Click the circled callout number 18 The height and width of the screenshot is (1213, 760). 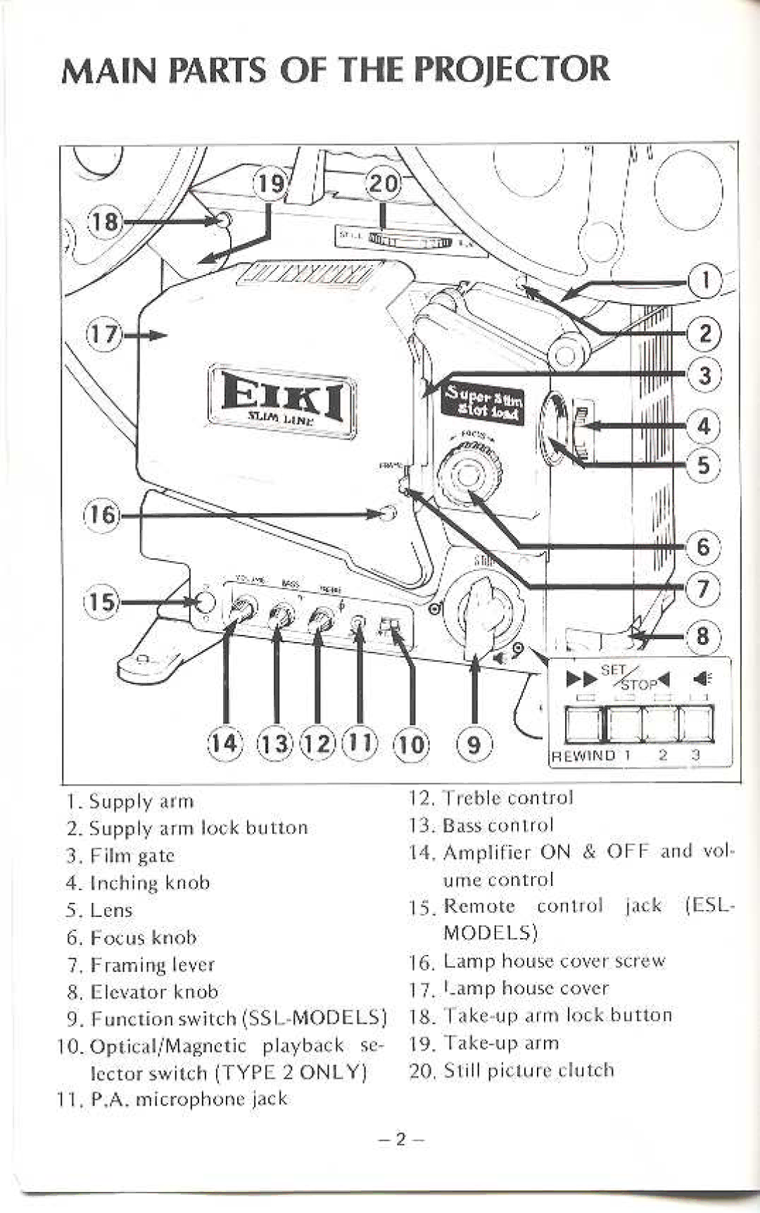coord(103,222)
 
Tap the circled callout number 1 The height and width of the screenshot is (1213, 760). coord(704,281)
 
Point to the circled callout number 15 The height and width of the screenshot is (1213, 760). coord(101,603)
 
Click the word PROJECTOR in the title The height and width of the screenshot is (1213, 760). coord(502,69)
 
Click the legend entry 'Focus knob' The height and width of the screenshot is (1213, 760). coord(143,937)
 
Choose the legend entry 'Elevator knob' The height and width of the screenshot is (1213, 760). coord(153,991)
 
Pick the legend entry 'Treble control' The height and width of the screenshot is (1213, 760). coord(508,797)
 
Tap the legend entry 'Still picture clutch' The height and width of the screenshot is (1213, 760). coord(528,1070)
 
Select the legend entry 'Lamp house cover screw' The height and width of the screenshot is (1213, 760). coord(554,961)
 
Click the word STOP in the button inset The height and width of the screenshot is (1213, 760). coord(638,683)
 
